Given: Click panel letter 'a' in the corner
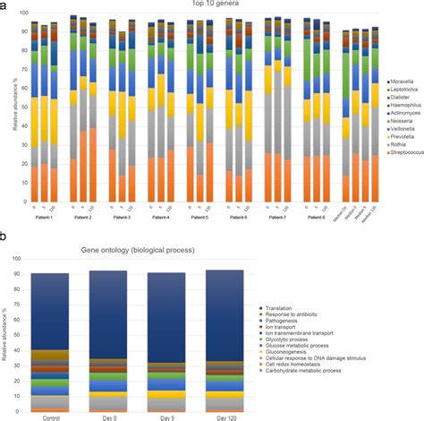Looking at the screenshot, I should point(4,5).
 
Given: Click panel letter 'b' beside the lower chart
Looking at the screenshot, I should point(4,238).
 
